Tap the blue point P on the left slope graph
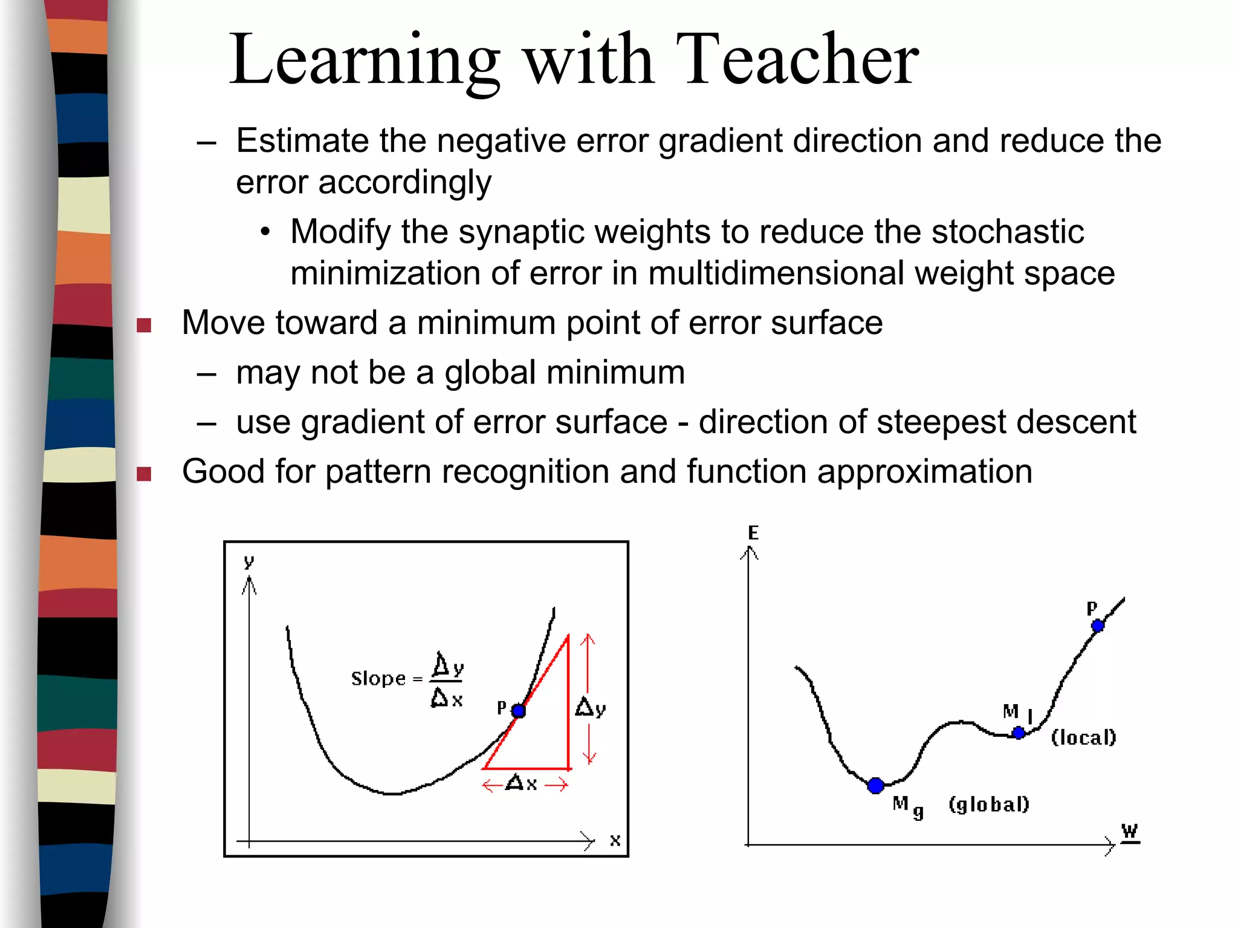[518, 711]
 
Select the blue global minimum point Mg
[875, 786]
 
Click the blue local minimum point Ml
[1019, 733]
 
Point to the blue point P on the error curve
[1098, 626]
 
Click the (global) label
[989, 804]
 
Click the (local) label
[1083, 737]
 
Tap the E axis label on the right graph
[753, 532]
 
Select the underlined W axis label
[1129, 831]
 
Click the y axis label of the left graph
[248, 561]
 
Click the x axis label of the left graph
[615, 840]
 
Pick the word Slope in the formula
[378, 679]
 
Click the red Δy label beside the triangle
[590, 707]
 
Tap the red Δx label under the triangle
[522, 784]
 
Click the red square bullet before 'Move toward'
[144, 325]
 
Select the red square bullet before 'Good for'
[144, 474]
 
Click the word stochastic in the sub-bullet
[1008, 232]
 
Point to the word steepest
[939, 422]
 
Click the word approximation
[925, 471]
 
